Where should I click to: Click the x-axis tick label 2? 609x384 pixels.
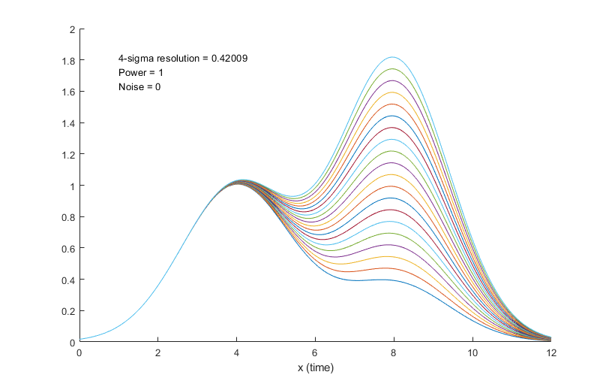pos(158,352)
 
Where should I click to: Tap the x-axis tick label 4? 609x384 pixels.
pos(237,352)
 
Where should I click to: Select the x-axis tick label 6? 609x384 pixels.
pos(316,352)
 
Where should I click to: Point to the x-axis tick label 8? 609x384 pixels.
pos(394,352)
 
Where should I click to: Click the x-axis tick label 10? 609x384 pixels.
pos(473,352)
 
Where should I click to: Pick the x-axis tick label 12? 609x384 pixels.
pos(552,352)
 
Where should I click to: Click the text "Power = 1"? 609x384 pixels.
pos(140,73)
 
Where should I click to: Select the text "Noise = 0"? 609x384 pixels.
pos(139,87)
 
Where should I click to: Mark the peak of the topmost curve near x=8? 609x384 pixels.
pos(392,57)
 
